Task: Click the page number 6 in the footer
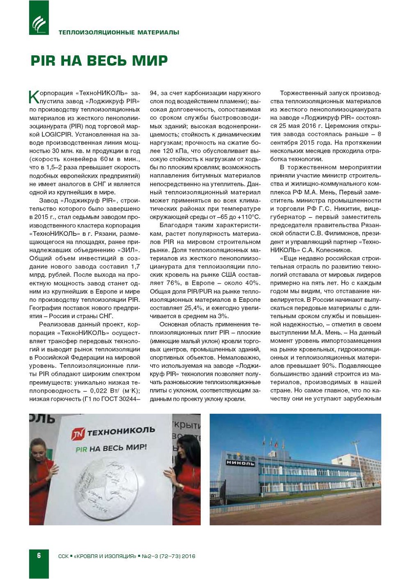click(39, 556)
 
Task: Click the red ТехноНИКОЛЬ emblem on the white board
click(78, 434)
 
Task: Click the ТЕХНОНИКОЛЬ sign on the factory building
click(241, 459)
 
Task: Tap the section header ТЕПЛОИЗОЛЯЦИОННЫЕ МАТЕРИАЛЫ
click(119, 32)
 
